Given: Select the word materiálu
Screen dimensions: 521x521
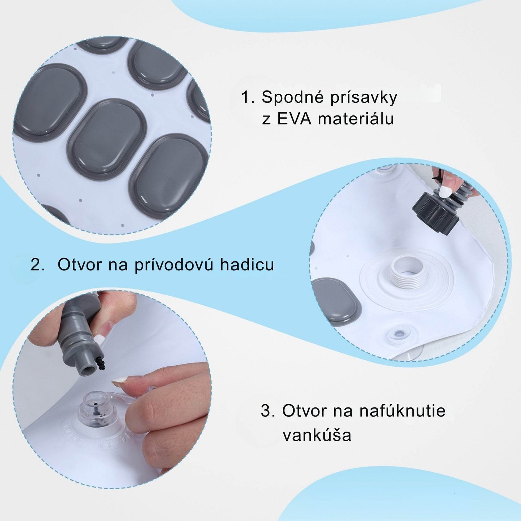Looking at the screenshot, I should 356,119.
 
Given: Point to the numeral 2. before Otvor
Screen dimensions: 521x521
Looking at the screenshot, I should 38,265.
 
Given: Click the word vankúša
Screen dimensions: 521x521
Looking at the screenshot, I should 317,435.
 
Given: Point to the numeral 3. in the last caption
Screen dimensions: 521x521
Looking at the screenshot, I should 268,411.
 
